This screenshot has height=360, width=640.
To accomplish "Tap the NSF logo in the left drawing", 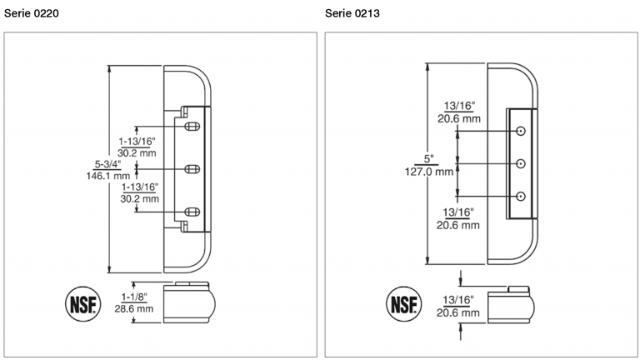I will tap(82, 302).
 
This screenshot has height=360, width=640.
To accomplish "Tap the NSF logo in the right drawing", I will tap(405, 302).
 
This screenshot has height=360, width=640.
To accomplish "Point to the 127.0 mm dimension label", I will tap(432, 172).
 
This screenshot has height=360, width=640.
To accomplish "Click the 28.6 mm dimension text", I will tap(134, 308).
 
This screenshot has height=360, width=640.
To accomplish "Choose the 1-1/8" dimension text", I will tap(134, 296).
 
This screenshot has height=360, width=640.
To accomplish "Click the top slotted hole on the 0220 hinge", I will tap(191, 127).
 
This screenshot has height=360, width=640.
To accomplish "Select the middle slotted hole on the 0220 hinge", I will tap(191, 169).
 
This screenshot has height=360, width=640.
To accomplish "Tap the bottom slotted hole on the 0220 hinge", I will tap(191, 211).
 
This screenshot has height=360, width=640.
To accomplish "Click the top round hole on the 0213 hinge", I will tap(521, 132).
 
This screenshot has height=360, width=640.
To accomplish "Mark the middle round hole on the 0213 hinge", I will tap(521, 163).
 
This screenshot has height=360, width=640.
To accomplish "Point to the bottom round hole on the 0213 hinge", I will tap(521, 196).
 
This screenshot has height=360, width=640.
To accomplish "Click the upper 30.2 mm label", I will tap(138, 152).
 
